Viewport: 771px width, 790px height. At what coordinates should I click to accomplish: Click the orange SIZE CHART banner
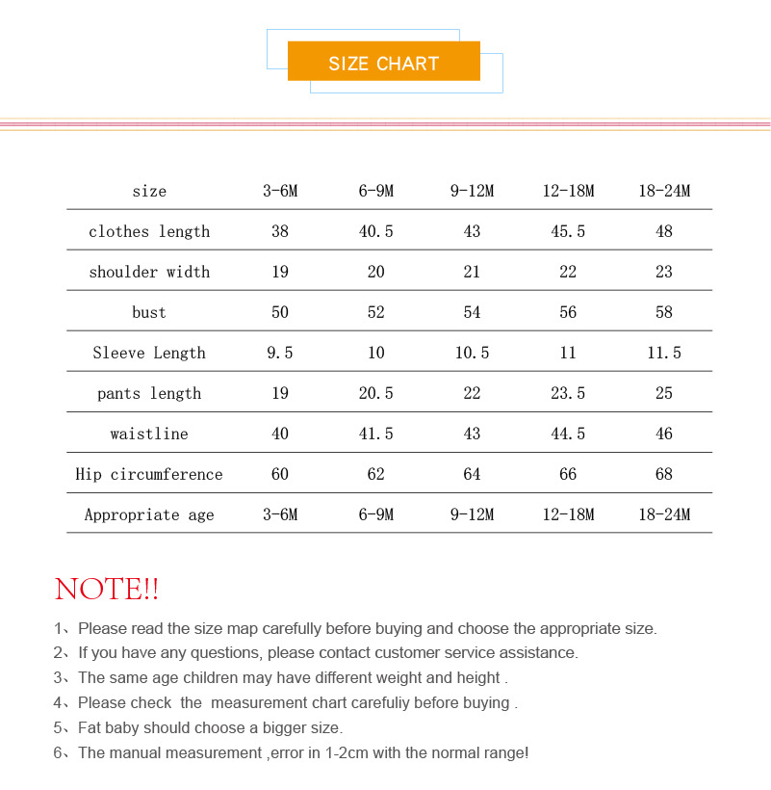(x=383, y=62)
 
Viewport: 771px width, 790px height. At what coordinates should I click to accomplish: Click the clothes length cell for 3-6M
(x=280, y=231)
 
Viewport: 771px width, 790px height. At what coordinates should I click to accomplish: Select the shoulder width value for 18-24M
(x=664, y=272)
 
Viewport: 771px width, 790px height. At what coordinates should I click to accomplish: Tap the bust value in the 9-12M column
(x=472, y=312)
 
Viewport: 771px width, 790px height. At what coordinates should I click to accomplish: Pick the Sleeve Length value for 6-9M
(x=375, y=353)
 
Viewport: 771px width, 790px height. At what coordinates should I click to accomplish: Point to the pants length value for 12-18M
(x=568, y=393)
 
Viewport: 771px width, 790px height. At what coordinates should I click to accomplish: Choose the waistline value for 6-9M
(x=375, y=434)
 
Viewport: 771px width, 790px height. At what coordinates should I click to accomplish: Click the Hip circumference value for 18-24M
(x=664, y=474)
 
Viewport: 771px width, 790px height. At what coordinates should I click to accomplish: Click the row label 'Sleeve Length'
(x=149, y=353)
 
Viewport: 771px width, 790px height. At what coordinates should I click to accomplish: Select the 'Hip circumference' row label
(x=149, y=474)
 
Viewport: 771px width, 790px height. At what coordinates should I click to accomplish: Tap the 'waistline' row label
(x=149, y=434)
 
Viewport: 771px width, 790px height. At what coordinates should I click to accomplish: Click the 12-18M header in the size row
(x=568, y=191)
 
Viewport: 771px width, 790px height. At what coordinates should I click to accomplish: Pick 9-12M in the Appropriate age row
(x=472, y=514)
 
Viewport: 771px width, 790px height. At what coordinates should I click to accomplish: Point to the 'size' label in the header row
(x=149, y=191)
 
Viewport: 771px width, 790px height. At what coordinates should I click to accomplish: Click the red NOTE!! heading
(x=107, y=589)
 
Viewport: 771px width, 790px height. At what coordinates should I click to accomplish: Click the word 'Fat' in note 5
(x=90, y=727)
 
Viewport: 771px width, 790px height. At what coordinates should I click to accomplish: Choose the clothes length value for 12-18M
(x=568, y=231)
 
